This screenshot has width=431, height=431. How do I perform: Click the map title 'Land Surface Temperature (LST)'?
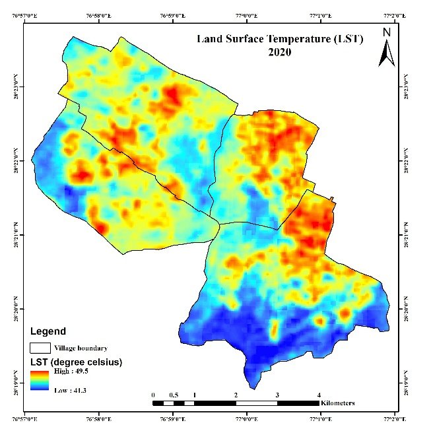click(281, 39)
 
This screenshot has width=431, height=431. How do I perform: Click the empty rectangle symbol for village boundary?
click(41, 347)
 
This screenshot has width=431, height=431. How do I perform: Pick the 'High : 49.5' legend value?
click(71, 372)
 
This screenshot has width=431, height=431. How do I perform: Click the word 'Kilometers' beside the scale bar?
click(337, 402)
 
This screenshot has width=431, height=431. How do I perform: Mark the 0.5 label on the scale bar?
click(174, 395)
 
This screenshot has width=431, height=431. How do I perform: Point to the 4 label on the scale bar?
click(319, 395)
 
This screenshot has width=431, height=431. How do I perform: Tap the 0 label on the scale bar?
click(153, 395)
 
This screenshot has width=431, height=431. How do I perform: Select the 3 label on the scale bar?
click(277, 395)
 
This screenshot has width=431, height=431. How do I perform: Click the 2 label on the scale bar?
click(236, 395)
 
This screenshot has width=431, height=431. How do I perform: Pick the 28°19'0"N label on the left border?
click(17, 383)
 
